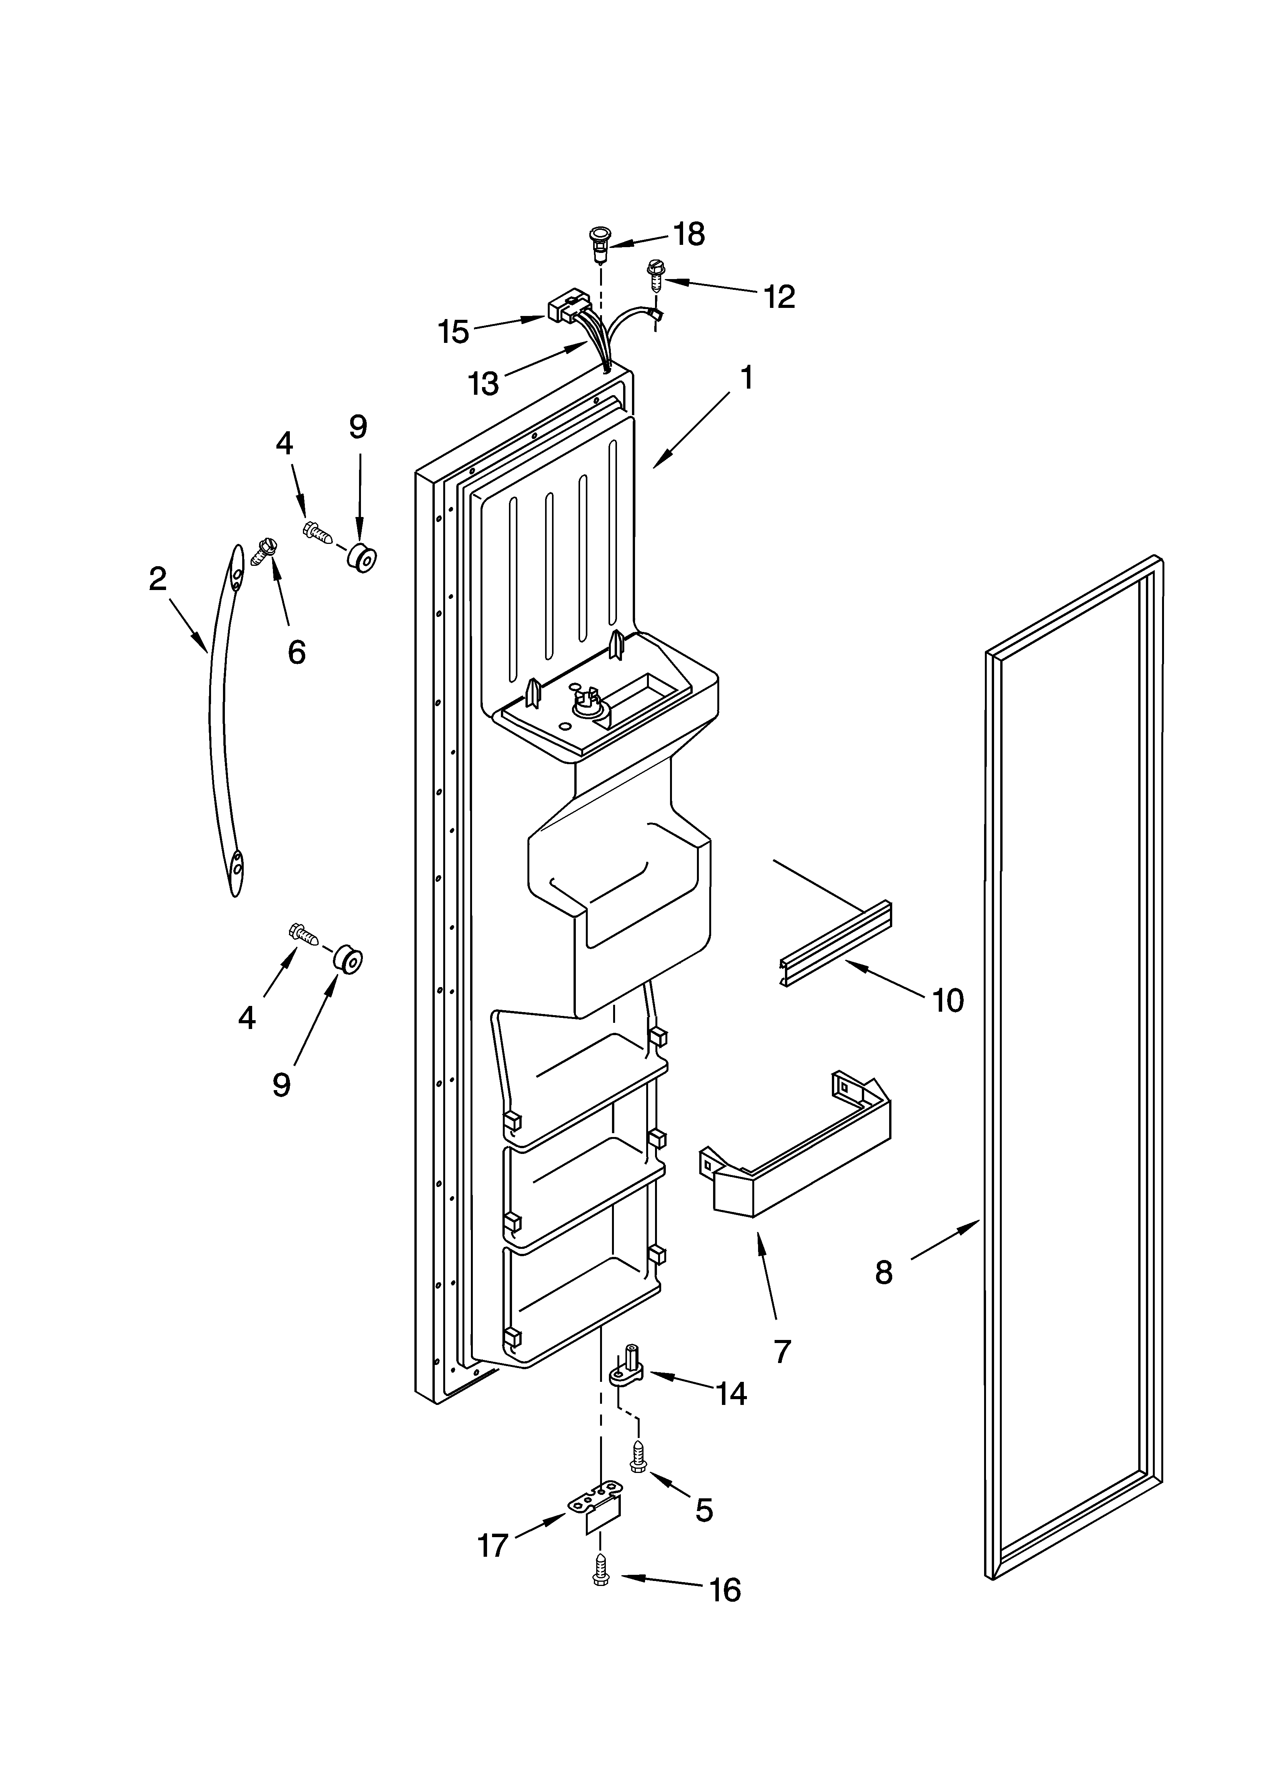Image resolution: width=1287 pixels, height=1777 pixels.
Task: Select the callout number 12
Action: click(x=779, y=296)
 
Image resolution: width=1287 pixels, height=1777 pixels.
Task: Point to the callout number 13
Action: click(x=483, y=383)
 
